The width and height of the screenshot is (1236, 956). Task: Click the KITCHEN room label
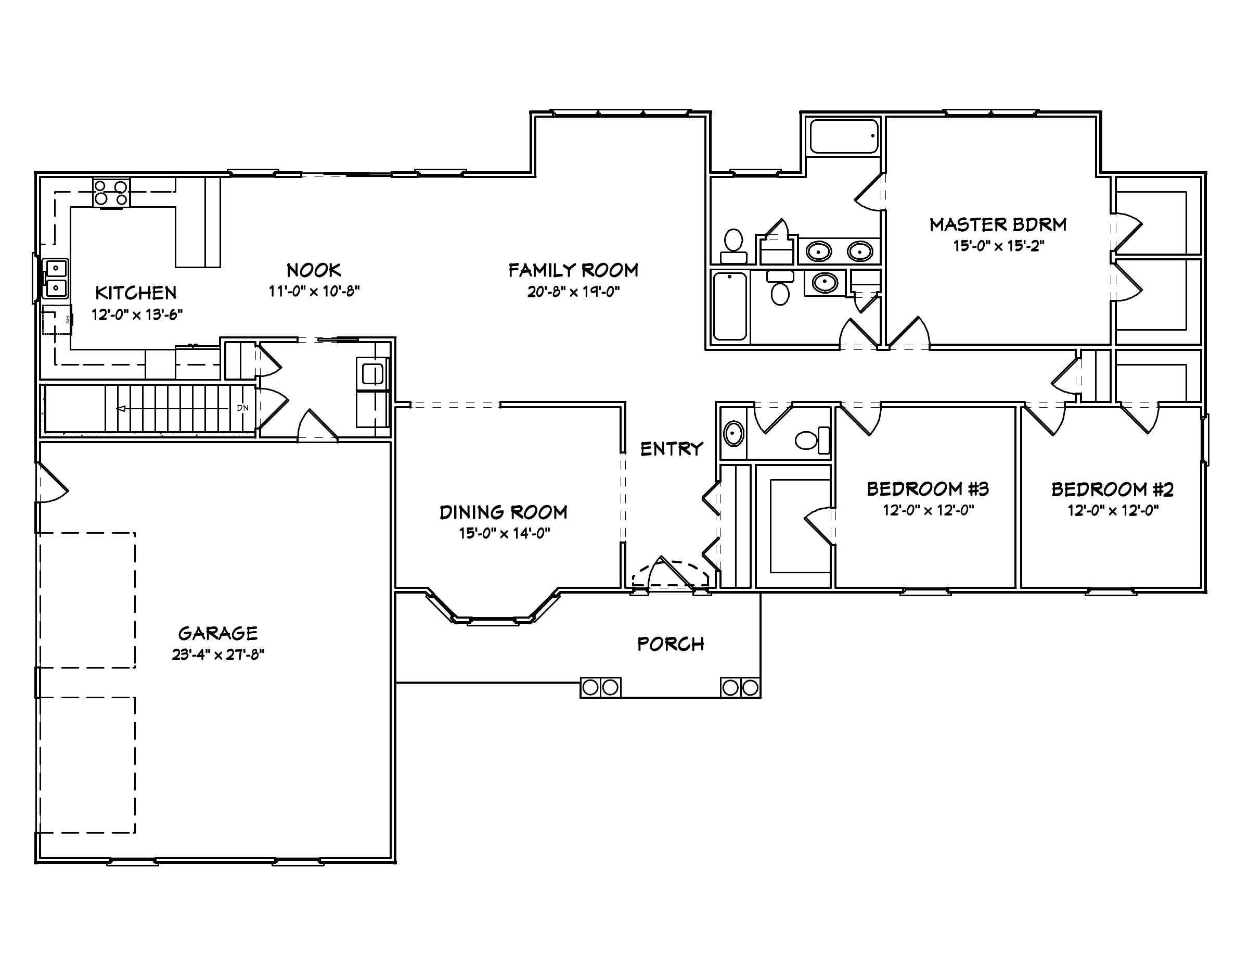click(x=136, y=293)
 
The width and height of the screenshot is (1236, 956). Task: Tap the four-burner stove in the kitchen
click(x=111, y=193)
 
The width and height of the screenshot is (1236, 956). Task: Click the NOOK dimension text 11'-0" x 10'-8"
click(x=314, y=292)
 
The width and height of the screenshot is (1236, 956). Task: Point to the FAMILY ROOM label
click(x=573, y=270)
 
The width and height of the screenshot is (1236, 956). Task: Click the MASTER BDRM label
click(x=998, y=225)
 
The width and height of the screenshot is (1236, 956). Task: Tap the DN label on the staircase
click(x=242, y=408)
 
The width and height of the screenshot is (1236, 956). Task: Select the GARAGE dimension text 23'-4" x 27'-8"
click(x=218, y=655)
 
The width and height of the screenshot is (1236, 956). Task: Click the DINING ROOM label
click(x=503, y=512)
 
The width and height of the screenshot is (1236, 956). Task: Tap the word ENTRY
click(x=671, y=449)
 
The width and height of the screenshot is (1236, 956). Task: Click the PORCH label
click(x=671, y=644)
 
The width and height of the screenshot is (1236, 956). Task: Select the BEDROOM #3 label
click(x=928, y=489)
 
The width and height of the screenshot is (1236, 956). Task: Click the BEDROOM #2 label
click(x=1112, y=489)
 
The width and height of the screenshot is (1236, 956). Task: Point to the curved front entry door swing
click(x=671, y=573)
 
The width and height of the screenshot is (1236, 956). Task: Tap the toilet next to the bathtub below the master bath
click(x=780, y=293)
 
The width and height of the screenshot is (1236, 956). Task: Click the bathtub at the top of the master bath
click(x=844, y=136)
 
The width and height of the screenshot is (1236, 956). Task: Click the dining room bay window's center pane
click(x=492, y=621)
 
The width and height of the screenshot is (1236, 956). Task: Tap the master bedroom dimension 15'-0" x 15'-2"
click(x=998, y=246)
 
